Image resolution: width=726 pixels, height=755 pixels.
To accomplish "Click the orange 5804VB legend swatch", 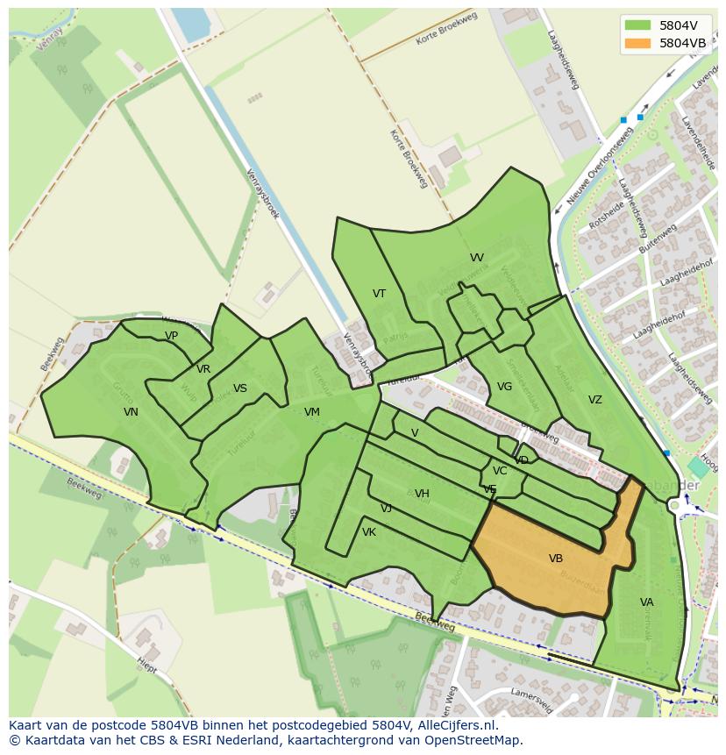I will coord(637,43).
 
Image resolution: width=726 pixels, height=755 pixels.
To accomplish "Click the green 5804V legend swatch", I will coord(637,25).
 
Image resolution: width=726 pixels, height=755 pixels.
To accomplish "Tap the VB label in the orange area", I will coord(556,559).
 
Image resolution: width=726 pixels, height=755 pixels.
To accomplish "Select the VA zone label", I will coord(647,602).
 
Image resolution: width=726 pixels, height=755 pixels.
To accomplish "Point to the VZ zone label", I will coord(595,400).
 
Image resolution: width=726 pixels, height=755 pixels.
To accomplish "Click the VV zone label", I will coord(477,258).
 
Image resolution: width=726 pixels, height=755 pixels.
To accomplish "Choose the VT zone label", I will coord(379,294).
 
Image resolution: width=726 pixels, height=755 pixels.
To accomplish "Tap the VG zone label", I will coord(504,387).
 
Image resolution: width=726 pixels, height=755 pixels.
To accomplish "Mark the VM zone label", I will coord(312,412).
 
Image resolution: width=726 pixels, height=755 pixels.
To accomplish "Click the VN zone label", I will coord(131,412).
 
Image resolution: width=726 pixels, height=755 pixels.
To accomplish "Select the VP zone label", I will coord(172,336).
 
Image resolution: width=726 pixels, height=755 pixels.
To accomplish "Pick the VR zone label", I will coord(203,369).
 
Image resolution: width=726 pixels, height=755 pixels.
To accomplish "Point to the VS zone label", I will coord(240,388).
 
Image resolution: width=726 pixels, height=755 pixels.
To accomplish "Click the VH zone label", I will coord(422,494).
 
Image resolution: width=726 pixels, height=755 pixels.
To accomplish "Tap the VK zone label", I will coord(369,532).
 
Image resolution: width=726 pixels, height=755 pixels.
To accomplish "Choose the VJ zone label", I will coord(386,509).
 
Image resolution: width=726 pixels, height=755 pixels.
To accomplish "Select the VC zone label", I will coord(500,471).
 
